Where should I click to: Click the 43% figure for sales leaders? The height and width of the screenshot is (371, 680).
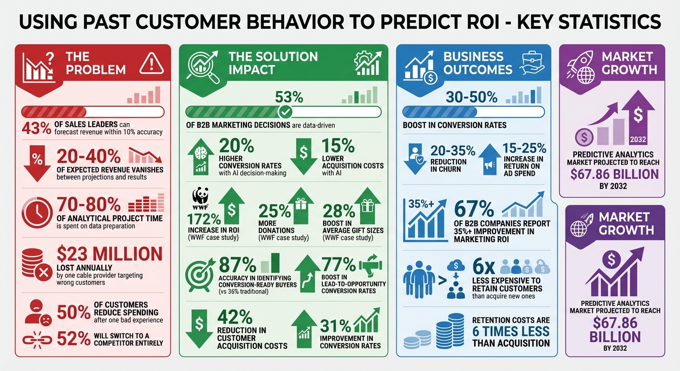click(x=37, y=128)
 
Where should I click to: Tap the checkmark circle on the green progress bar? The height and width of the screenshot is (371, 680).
click(x=285, y=112)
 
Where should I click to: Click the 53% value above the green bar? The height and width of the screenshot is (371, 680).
click(x=289, y=97)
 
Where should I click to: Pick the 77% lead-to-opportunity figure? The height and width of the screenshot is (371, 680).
click(x=339, y=264)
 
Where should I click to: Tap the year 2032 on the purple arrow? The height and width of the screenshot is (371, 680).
click(x=637, y=141)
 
